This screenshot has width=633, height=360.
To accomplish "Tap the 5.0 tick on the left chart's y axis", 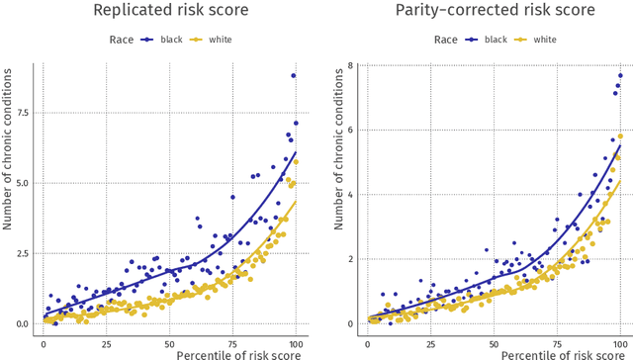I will coord(22,182).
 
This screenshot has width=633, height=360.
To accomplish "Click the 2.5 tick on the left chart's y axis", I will coord(22,253).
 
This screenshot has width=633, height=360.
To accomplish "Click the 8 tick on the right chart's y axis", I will coord(351,66).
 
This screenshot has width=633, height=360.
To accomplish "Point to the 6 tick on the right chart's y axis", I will coord(351,131).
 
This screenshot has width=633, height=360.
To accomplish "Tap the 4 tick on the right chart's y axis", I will coord(351,195).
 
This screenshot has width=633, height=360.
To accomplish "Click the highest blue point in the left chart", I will coord(294,75).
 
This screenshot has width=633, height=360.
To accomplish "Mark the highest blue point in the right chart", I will coord(620,75).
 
